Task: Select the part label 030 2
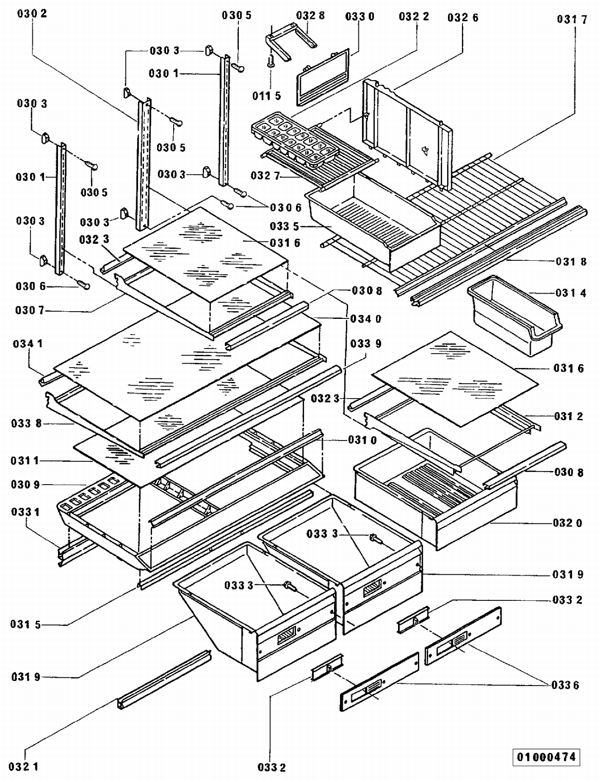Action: click(x=32, y=14)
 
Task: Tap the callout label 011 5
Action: click(x=266, y=96)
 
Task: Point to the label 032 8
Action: click(x=310, y=16)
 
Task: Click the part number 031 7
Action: click(x=572, y=20)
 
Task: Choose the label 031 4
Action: click(x=571, y=293)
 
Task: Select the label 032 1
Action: click(x=24, y=767)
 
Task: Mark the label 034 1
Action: click(x=28, y=344)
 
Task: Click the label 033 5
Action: click(x=284, y=227)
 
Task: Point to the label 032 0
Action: click(x=568, y=523)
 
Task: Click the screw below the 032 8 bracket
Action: click(x=271, y=61)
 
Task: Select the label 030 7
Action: click(x=30, y=310)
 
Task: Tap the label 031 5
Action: click(x=26, y=624)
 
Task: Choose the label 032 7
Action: click(x=265, y=176)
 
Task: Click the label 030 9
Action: click(x=25, y=485)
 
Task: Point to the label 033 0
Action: click(x=360, y=16)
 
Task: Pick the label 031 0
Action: click(x=362, y=440)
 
